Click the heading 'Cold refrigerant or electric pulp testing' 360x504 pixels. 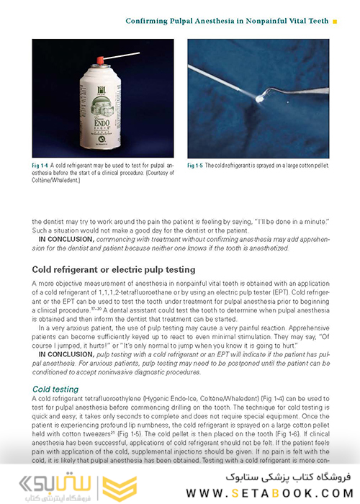pos(114,269)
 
